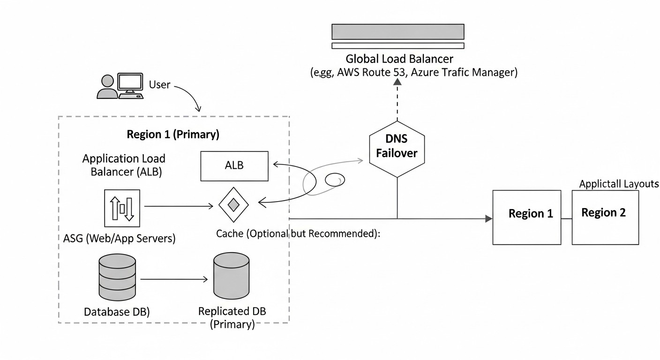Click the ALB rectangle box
[x=234, y=166]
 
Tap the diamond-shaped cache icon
[x=233, y=205]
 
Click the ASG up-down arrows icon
[x=121, y=208]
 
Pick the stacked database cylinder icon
[x=117, y=279]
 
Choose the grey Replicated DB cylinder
[x=231, y=277]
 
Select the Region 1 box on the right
[x=526, y=217]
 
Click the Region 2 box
[x=605, y=217]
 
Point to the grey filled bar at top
[x=397, y=31]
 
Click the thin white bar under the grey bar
[x=397, y=46]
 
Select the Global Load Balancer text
[x=399, y=59]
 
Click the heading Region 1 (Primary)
[x=173, y=135]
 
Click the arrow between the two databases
[x=173, y=279]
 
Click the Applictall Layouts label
[x=619, y=184]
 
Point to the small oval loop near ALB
[x=335, y=180]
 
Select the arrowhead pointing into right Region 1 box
[x=488, y=218]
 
